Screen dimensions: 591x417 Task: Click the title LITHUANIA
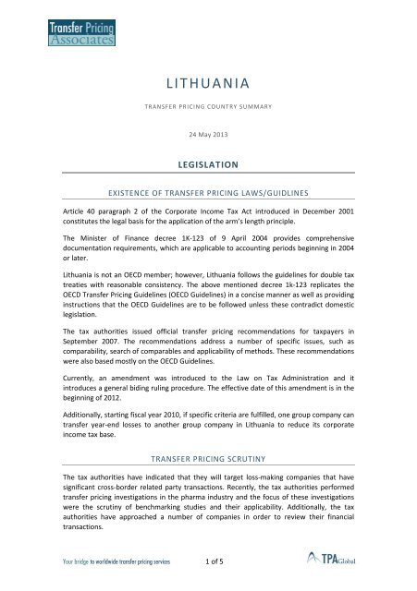208,86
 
